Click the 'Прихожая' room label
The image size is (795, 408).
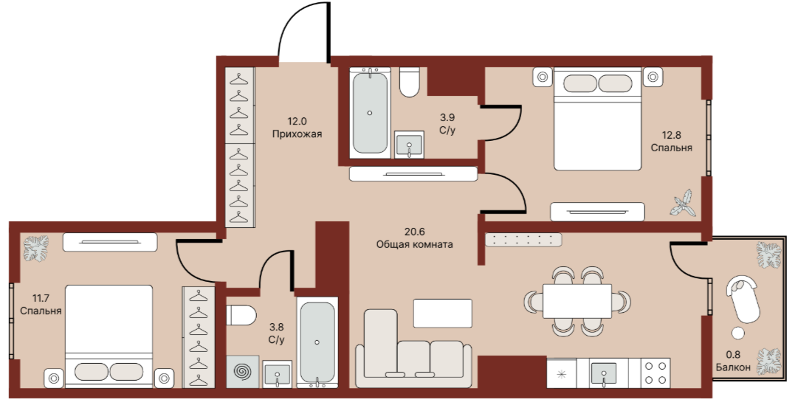click(x=297, y=134)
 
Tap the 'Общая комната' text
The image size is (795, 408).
click(x=414, y=244)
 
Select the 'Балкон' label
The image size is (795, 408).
click(x=733, y=367)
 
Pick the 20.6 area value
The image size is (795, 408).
click(x=414, y=232)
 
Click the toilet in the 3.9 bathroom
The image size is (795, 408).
click(x=409, y=82)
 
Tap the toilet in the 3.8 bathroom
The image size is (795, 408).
click(x=241, y=315)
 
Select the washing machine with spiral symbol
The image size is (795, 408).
click(x=243, y=372)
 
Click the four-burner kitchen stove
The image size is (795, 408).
click(x=655, y=373)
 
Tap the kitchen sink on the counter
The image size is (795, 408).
click(x=604, y=373)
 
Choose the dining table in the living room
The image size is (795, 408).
click(x=577, y=301)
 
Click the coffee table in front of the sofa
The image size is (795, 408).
click(x=443, y=314)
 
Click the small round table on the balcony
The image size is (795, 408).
click(x=738, y=333)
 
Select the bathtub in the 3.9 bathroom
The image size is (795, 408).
click(x=370, y=113)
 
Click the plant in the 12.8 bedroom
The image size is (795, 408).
click(x=683, y=203)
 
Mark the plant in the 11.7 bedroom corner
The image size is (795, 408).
click(x=36, y=249)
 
